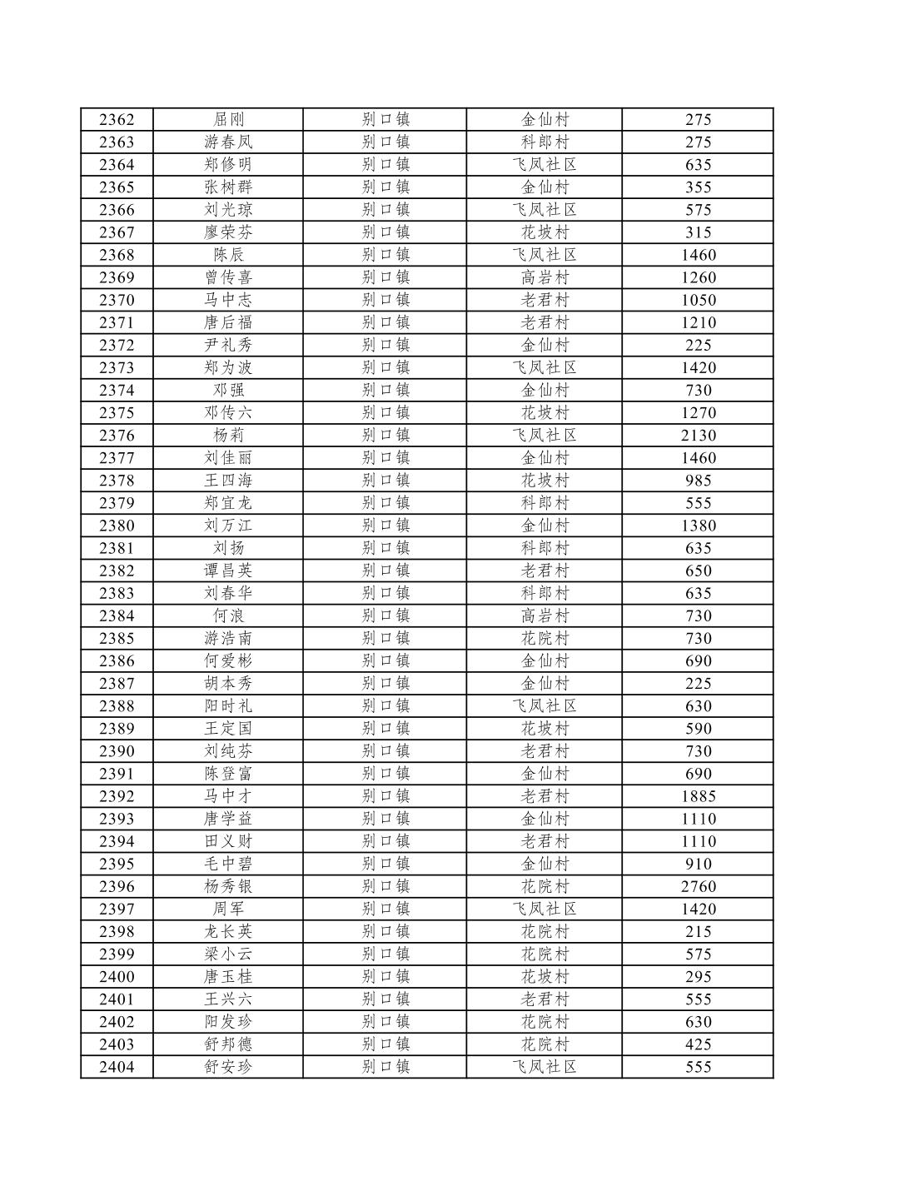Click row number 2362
(x=117, y=120)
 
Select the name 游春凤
(x=228, y=142)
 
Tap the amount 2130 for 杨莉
(x=698, y=436)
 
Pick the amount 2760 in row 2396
(x=698, y=887)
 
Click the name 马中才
(x=228, y=797)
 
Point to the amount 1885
(x=698, y=797)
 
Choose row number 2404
(x=117, y=1067)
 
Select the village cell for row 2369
(x=545, y=278)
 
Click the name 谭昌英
(x=228, y=571)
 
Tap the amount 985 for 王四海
(x=698, y=481)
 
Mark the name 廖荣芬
(x=228, y=232)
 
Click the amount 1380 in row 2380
(x=698, y=526)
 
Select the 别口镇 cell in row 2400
(x=385, y=977)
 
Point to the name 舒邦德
(x=228, y=1044)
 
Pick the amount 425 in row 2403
(x=698, y=1044)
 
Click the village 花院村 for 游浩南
(x=545, y=639)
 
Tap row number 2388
(x=117, y=706)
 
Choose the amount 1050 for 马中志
(x=698, y=301)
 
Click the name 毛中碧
(x=228, y=865)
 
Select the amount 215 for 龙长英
(x=698, y=932)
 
